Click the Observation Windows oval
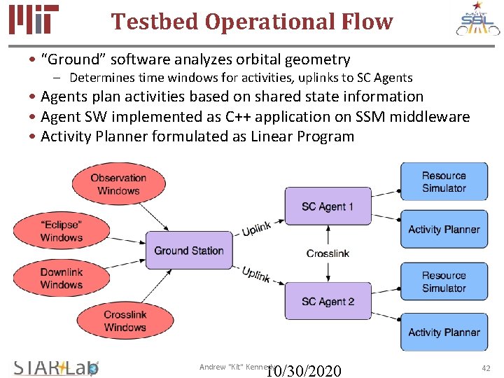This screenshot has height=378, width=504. [118, 184]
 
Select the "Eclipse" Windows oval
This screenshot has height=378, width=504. [62, 231]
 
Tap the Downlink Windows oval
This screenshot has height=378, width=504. [62, 278]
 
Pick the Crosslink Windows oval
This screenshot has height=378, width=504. [125, 321]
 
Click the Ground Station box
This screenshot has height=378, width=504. [189, 250]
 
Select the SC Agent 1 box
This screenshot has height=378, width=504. [328, 206]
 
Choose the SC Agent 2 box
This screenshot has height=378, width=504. [328, 302]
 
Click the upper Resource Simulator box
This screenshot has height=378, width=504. [444, 182]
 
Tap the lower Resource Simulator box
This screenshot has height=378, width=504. [444, 282]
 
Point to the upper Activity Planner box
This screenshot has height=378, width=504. [444, 229]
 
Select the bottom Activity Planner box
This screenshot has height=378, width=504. [444, 332]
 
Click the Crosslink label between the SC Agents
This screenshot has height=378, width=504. [328, 253]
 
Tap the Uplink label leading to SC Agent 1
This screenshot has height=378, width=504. [256, 229]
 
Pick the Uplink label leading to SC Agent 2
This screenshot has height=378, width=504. [256, 274]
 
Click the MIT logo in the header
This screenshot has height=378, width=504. [34, 20]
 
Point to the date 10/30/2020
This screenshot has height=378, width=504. [304, 370]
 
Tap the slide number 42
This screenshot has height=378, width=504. [486, 368]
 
